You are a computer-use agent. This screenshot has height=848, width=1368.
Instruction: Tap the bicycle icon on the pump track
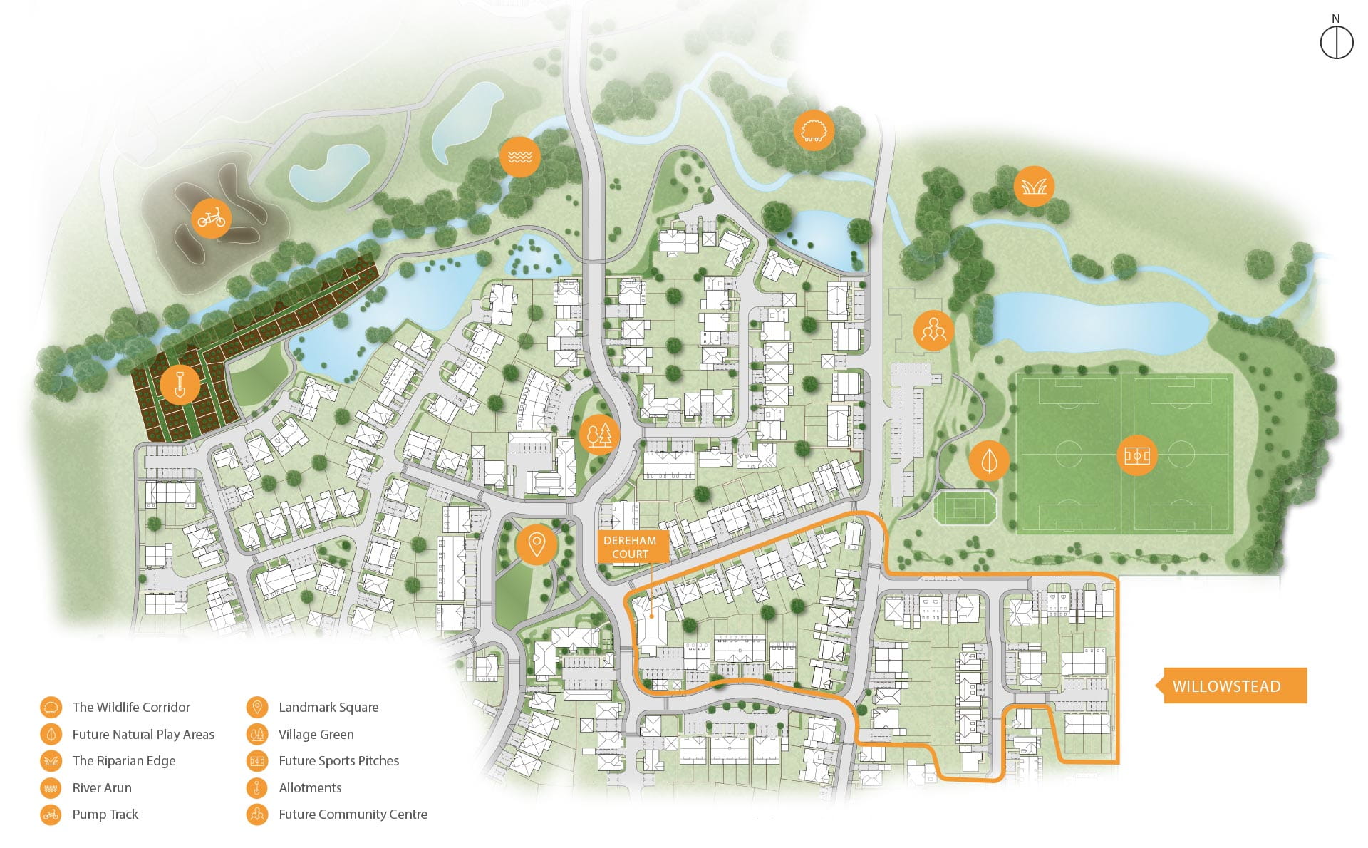coord(212,217)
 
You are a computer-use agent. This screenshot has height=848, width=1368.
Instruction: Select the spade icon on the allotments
coord(180,385)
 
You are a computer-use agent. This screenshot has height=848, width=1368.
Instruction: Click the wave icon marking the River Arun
coord(520,156)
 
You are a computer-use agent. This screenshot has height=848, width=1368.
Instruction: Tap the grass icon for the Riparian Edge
coord(1034,187)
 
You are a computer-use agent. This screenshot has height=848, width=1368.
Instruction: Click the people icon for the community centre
coord(933,330)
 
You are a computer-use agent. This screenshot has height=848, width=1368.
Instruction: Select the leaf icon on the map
coord(989,460)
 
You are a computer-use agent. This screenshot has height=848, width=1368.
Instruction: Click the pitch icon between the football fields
coord(1136,455)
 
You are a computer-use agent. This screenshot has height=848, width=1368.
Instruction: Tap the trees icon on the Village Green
coord(599,434)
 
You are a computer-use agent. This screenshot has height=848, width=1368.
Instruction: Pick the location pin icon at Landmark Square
coord(536,545)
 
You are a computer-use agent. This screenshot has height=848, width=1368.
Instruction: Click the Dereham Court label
coord(630,547)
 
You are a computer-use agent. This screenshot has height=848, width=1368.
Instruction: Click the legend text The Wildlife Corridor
coord(131,708)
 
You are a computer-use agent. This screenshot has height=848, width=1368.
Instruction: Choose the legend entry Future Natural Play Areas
coord(143,735)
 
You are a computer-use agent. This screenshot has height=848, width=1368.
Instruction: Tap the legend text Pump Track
coord(105,815)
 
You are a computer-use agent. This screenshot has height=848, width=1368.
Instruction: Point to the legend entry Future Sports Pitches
coord(338,761)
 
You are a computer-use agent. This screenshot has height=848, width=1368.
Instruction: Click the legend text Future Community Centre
coord(353,815)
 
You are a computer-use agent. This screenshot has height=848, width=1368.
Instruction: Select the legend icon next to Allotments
coord(256,788)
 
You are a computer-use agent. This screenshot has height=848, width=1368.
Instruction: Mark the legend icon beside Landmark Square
coord(256,708)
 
